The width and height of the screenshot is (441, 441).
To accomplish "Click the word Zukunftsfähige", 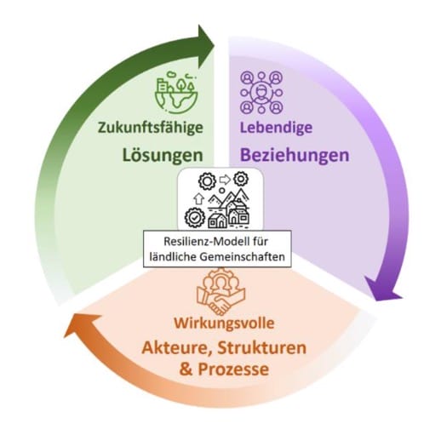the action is point(151,128).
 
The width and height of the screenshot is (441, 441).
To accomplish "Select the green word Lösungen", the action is point(163,156).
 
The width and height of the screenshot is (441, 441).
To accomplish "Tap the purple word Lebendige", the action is point(276,128).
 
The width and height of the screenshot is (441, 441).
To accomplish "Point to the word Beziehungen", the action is point(295,155).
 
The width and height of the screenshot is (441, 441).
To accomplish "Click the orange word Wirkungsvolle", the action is point(224,323).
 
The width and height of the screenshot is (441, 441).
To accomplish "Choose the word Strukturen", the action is point(262,348).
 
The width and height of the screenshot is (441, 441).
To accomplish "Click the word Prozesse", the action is point(233,369).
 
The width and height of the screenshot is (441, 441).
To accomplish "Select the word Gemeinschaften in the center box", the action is point(243,257).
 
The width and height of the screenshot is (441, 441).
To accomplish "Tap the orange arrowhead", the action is point(83,326).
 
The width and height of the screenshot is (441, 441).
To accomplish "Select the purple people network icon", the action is point(261,93).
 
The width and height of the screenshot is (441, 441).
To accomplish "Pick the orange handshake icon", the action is point(220,291).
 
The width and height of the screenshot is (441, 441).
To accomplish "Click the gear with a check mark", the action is point(194,218).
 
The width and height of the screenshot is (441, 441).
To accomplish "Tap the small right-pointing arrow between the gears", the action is point(225,180).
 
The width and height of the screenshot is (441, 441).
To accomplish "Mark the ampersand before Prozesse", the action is point(186,369).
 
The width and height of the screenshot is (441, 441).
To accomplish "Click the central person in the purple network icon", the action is point(261,93).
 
